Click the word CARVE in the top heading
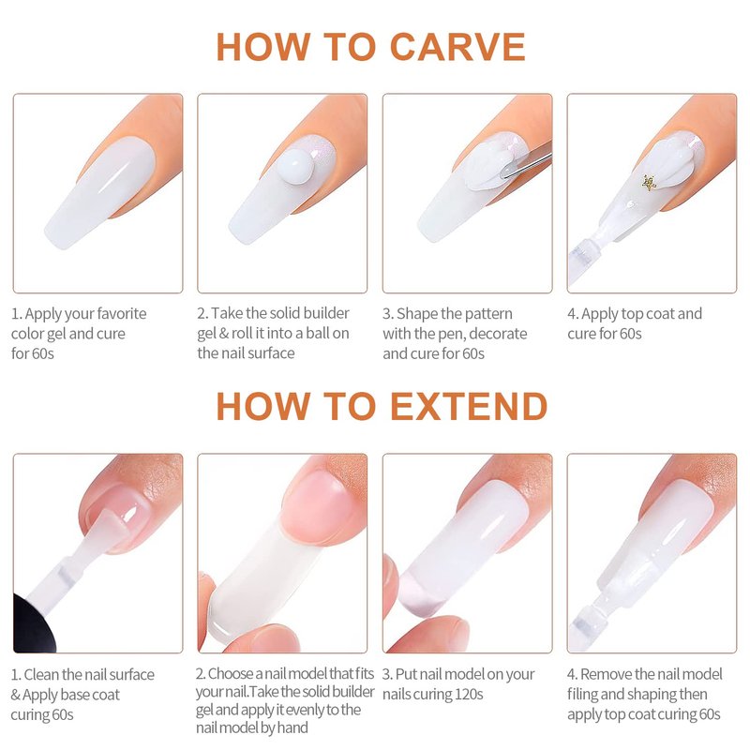457,47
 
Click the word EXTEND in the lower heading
469,406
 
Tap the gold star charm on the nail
649,182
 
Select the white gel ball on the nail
295,166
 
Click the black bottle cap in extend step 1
34,625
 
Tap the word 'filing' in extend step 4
582,694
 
